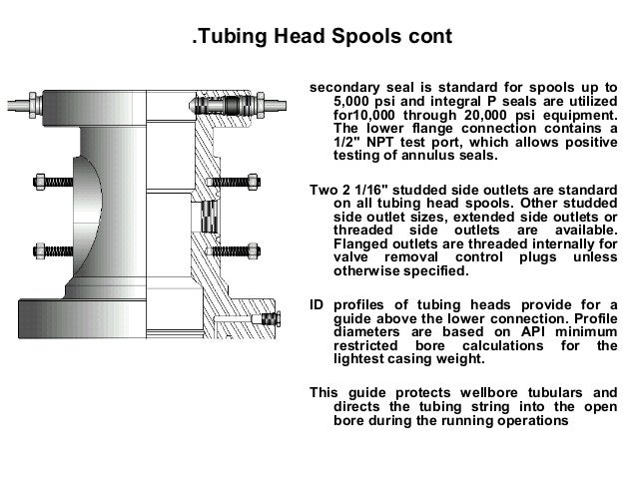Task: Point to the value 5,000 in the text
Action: (352, 102)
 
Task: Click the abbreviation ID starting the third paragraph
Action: (318, 302)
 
